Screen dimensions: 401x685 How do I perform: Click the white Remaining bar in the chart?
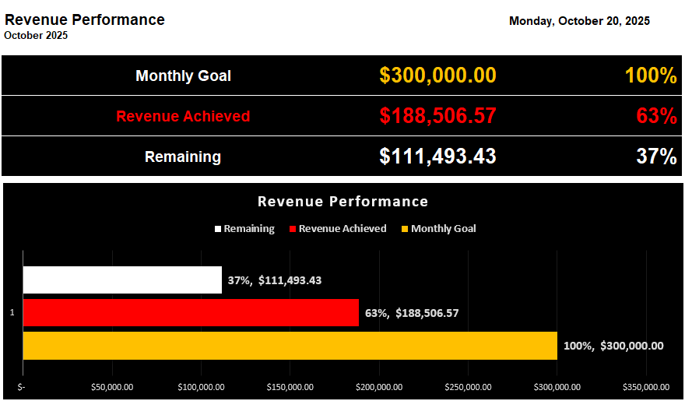pyautogui.click(x=122, y=280)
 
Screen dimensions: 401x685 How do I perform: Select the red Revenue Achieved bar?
pyautogui.click(x=191, y=313)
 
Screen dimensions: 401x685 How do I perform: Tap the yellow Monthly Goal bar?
pyautogui.click(x=290, y=346)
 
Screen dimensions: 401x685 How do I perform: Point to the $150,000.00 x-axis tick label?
pyautogui.click(x=290, y=387)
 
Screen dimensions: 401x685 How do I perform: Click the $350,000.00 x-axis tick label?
pyautogui.click(x=646, y=387)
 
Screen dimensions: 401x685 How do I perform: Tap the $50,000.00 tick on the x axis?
pyautogui.click(x=112, y=387)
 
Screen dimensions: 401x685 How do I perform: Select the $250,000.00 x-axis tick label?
pyautogui.click(x=468, y=387)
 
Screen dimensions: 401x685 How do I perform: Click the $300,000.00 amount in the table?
pyautogui.click(x=437, y=76)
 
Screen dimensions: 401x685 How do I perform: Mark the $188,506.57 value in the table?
pyautogui.click(x=437, y=116)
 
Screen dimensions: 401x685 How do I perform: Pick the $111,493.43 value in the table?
pyautogui.click(x=437, y=157)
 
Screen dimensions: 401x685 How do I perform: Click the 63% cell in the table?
pyautogui.click(x=656, y=116)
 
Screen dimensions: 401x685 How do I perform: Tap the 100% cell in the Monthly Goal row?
pyautogui.click(x=651, y=76)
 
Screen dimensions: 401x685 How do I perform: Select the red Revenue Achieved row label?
pyautogui.click(x=183, y=116)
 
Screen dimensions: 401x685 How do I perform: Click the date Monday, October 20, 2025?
pyautogui.click(x=579, y=21)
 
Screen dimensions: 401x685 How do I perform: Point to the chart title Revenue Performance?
pyautogui.click(x=342, y=202)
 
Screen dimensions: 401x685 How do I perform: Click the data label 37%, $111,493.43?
pyautogui.click(x=275, y=280)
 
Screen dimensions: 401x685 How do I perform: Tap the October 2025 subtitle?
pyautogui.click(x=36, y=36)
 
